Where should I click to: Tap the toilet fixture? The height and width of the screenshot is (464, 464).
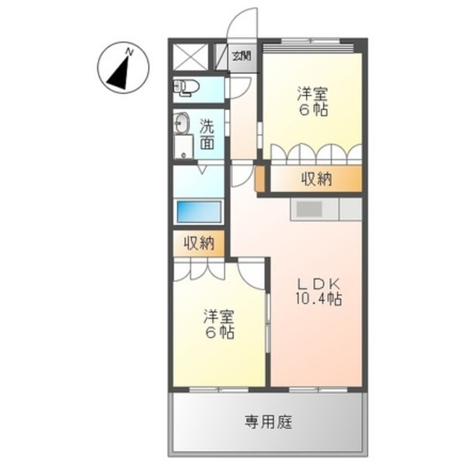pos(186,88)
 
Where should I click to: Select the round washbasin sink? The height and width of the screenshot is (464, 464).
pos(181,124)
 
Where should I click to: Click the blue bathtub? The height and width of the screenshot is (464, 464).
pos(199,212)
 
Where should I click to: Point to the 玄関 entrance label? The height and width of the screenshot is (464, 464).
pos(242,55)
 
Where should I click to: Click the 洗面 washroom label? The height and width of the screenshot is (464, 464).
pos(207,133)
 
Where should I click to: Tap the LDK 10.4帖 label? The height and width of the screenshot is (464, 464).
pos(316,290)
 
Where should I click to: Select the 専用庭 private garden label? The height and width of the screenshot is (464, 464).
pos(267,421)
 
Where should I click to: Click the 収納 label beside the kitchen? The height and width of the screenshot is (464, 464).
pos(316,179)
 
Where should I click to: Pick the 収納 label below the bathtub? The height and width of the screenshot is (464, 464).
pos(199,244)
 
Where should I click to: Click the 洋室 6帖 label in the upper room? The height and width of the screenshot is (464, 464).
pos(312,101)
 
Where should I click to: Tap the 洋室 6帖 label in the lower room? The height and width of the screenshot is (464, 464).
pos(218,324)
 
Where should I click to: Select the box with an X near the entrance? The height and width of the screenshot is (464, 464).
pos(192,56)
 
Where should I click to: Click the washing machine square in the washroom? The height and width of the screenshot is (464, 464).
pos(183,148)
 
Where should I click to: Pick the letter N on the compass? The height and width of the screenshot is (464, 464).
pos(129,51)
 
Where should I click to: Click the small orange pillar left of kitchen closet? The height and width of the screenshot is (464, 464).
pos(260,178)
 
